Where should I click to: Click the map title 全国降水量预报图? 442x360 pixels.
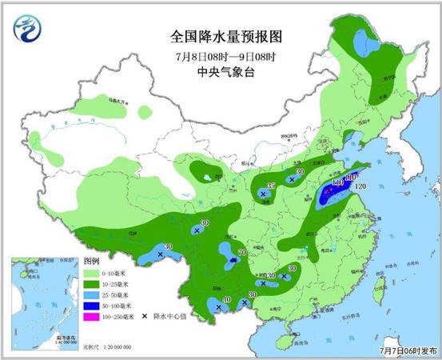227,36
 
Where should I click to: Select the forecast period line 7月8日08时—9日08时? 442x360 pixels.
227,55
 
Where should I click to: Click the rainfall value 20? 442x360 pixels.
168,246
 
